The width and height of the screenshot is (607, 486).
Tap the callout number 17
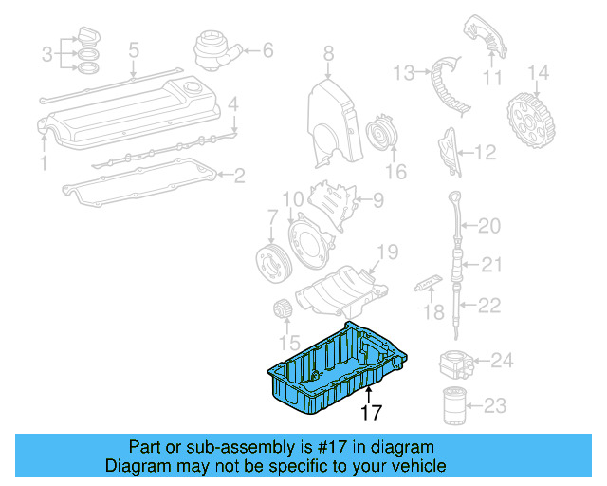[370, 413]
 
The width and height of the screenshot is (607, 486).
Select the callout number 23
[495, 407]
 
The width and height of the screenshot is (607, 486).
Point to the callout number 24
[502, 360]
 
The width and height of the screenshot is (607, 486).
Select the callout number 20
[489, 226]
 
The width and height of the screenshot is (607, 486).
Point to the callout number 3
[46, 55]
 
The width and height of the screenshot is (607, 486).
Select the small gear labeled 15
[281, 308]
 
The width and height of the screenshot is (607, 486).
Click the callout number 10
[292, 198]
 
